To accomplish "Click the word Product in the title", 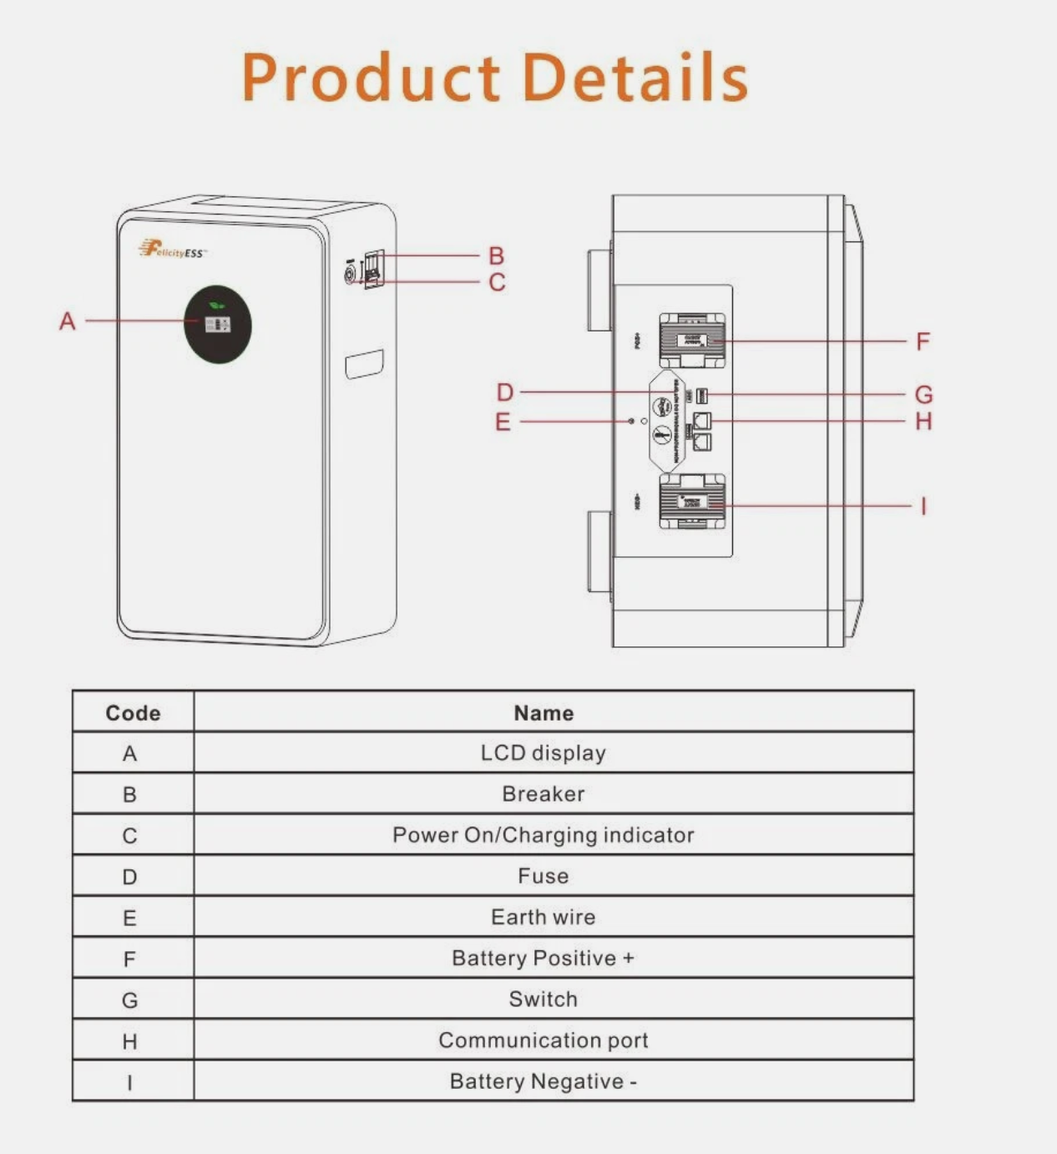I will click(372, 78).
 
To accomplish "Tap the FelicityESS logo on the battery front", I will click(172, 250).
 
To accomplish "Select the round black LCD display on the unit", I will click(217, 324).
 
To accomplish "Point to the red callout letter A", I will click(68, 321).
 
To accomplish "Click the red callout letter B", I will click(497, 256).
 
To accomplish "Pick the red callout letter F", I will click(923, 342).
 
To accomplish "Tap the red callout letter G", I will click(923, 394).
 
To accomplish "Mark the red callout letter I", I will click(923, 506).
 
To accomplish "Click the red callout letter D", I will click(505, 392).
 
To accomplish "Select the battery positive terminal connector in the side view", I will click(692, 340).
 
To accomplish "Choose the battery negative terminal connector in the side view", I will click(692, 501).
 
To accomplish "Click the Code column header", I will click(133, 713).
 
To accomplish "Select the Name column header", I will click(544, 713).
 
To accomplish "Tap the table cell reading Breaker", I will click(544, 794).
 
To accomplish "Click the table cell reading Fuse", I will click(544, 876).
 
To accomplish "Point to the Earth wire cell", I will click(544, 917).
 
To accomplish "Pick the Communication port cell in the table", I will click(544, 1040).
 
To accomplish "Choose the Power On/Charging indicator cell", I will click(544, 835).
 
